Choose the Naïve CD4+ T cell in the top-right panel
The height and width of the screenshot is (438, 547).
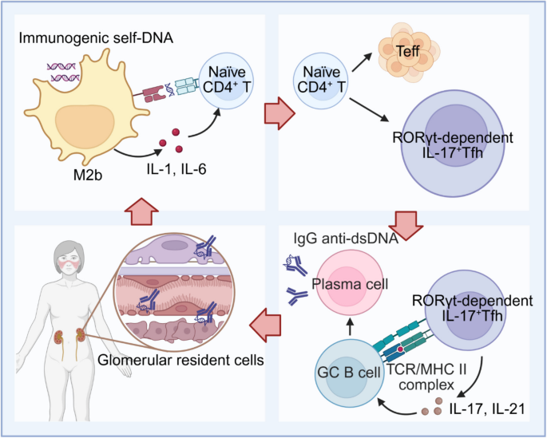[323, 81]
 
